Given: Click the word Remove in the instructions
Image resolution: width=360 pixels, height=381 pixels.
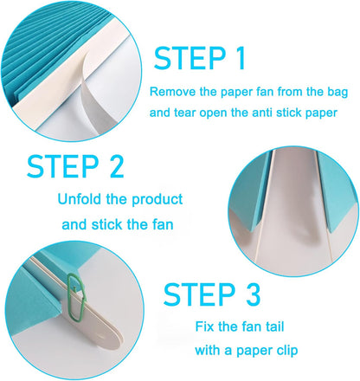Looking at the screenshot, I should coord(171,91).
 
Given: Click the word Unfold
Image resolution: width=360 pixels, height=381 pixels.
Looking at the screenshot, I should coord(82,200).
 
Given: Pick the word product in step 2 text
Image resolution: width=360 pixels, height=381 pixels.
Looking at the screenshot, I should coord(157,200).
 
